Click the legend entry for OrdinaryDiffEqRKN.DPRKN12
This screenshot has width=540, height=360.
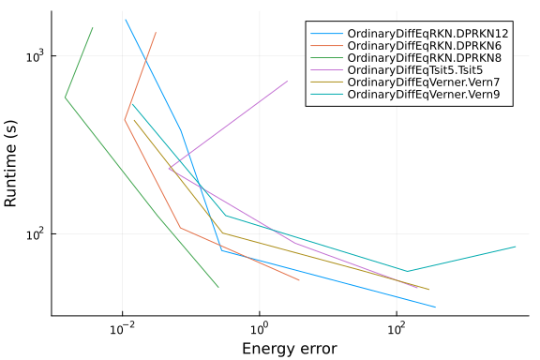click(427, 34)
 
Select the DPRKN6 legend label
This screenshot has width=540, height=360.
click(425, 46)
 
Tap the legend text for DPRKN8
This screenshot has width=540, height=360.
click(425, 57)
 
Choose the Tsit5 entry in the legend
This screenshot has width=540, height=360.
click(415, 70)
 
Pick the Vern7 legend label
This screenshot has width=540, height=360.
click(424, 82)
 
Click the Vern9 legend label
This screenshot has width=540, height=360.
click(424, 94)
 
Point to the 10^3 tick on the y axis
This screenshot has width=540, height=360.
click(36, 55)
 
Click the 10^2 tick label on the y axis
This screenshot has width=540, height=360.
click(36, 233)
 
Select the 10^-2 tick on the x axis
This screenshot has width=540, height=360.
click(123, 328)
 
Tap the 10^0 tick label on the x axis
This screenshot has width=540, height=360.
click(260, 329)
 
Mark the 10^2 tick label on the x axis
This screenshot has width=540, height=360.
click(397, 329)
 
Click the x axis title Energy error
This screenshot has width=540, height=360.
click(290, 349)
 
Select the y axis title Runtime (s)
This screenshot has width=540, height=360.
click(10, 163)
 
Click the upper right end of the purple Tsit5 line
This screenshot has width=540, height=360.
click(288, 81)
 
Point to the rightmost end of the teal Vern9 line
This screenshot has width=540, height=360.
click(516, 247)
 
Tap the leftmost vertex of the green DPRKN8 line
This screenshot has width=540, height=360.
click(65, 97)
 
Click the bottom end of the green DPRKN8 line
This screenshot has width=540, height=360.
click(218, 287)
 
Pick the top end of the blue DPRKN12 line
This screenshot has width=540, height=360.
click(126, 20)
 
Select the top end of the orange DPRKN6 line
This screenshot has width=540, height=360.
click(156, 33)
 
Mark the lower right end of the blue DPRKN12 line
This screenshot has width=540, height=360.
click(435, 307)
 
